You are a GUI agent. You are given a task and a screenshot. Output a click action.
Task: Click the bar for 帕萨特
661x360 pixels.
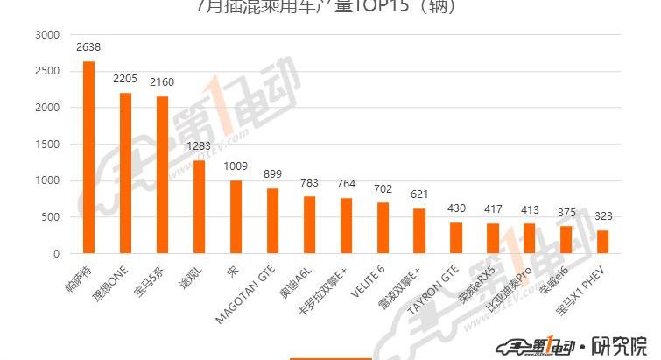click(x=88, y=158)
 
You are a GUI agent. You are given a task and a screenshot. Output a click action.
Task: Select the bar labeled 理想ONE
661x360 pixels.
click(x=125, y=173)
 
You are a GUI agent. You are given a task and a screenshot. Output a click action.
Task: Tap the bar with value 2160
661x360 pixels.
click(x=162, y=175)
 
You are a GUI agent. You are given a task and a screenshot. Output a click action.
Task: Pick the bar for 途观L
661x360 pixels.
click(x=199, y=207)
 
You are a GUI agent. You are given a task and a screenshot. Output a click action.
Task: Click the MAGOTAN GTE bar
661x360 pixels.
click(x=272, y=221)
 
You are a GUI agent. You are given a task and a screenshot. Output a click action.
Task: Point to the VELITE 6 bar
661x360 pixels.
click(x=383, y=228)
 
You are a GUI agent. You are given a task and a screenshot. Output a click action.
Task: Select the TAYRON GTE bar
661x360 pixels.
click(x=456, y=238)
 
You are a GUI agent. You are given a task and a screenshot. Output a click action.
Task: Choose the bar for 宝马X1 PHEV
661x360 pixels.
click(x=603, y=242)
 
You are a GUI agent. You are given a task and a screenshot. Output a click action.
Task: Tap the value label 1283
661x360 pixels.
click(x=199, y=145)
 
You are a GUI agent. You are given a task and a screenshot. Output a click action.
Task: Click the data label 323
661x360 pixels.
click(x=603, y=215)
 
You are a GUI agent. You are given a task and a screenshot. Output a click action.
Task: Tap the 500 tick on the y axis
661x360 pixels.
click(x=51, y=217)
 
